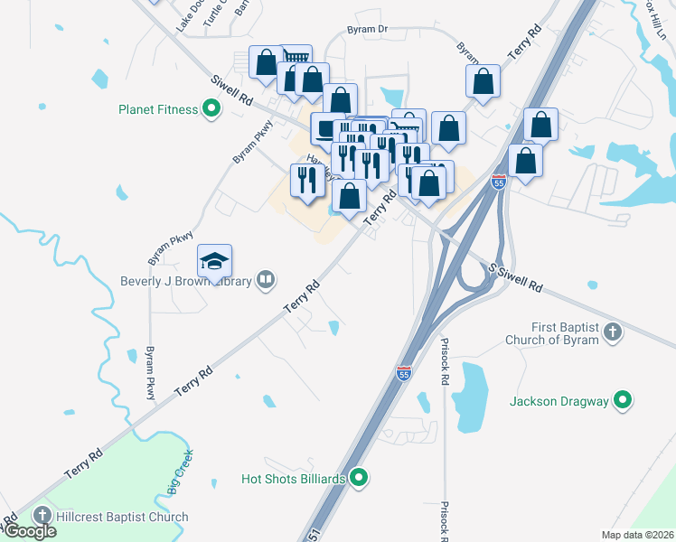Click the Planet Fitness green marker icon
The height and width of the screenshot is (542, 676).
212,110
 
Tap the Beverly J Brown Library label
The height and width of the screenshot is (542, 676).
187,280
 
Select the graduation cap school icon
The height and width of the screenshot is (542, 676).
214,260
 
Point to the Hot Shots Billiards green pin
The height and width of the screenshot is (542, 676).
359,478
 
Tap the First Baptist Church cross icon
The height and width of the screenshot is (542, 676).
613,332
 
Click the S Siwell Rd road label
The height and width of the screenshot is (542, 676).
515,278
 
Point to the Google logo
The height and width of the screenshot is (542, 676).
29,531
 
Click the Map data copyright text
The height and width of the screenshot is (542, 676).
636,535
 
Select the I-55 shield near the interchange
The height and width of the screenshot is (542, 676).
498,182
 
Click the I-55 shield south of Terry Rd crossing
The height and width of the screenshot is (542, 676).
403,372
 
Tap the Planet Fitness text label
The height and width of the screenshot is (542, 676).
158,110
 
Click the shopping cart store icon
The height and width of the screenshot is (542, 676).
297,58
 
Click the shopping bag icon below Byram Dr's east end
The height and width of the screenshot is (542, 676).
484,80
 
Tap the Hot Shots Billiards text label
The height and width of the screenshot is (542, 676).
295,478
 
